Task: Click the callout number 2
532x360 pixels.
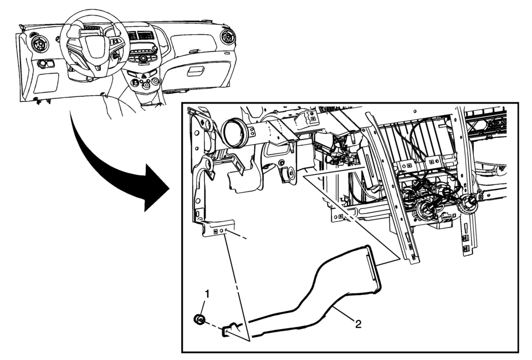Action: click(357, 325)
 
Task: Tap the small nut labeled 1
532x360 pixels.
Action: click(200, 320)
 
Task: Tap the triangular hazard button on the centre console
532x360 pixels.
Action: click(144, 76)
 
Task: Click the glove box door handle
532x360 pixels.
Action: click(196, 71)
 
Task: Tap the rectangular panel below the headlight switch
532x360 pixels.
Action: click(46, 83)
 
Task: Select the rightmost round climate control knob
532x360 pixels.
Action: click(155, 81)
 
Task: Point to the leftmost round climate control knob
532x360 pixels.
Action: click(135, 82)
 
